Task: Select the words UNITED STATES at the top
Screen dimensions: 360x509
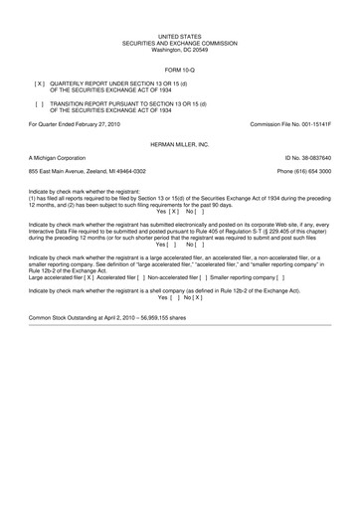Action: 179,36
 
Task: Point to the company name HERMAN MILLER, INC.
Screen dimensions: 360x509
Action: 179,143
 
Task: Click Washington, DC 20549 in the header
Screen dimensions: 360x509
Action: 179,49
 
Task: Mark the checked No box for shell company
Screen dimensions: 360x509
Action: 197,296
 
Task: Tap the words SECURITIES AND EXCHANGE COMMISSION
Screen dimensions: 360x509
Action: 179,43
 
